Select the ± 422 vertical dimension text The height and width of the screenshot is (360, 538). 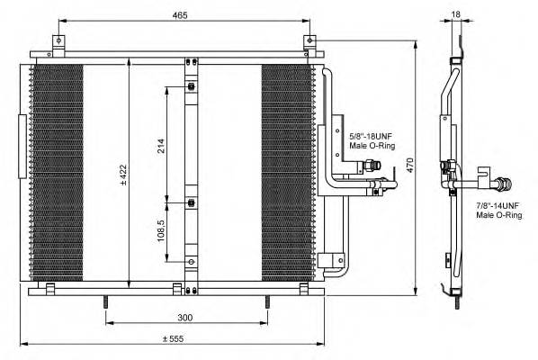[122, 171]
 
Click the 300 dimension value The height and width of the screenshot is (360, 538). [184, 318]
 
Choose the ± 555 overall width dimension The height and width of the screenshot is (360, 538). [174, 338]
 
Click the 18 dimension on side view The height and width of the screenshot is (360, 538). [456, 15]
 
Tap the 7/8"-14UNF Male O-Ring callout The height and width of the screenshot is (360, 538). [498, 211]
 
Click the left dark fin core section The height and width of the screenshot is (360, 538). [56, 171]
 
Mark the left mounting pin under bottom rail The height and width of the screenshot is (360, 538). [106, 302]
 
